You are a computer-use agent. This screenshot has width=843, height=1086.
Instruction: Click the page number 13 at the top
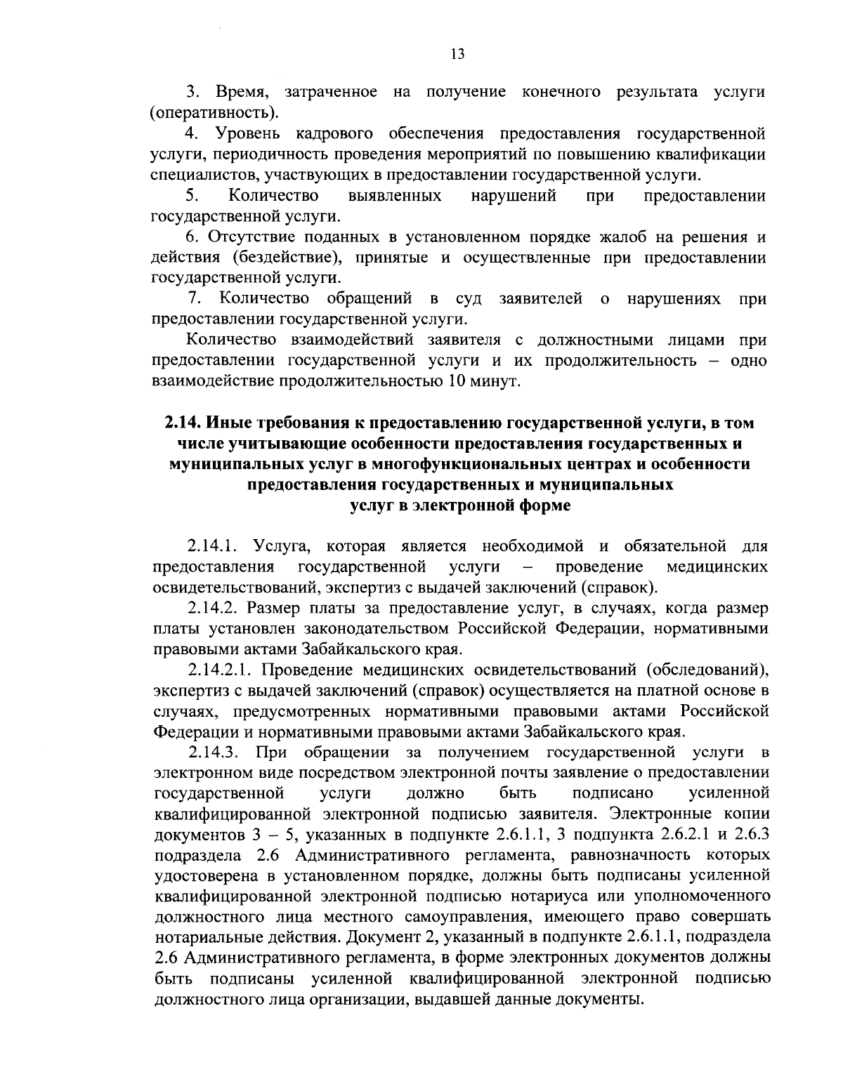tap(457, 55)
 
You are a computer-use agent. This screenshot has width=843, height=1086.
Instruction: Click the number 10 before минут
tap(456, 382)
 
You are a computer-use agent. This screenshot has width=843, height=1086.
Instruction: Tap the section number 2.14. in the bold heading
tap(183, 423)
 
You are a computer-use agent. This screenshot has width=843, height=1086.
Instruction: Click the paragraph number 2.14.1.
tap(214, 545)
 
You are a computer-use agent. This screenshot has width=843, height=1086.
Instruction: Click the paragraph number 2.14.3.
tap(214, 753)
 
